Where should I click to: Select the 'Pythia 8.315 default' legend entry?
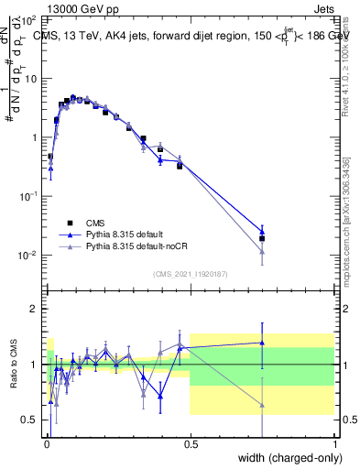(126, 234)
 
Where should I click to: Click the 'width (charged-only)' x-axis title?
(284, 457)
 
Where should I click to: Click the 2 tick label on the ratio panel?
(35, 310)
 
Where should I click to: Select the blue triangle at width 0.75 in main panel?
(262, 231)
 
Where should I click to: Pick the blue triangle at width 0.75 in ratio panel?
(262, 343)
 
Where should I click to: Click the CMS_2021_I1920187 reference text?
(190, 274)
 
